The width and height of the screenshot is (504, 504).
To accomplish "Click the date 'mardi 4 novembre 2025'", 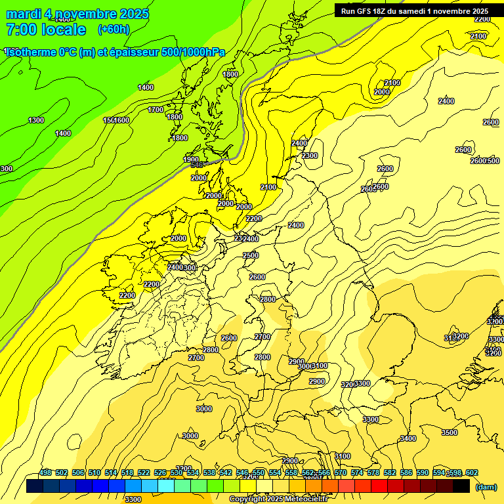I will pos(77,14).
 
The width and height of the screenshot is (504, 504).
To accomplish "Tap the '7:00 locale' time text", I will pos(46,30).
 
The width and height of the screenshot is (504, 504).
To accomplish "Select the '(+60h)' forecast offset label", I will pos(114,30).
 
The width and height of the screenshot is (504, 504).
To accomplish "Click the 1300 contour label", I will pos(36,120).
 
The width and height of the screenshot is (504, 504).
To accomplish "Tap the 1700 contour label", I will pos(156,110).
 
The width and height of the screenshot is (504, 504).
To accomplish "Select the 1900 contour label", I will pos(191,159).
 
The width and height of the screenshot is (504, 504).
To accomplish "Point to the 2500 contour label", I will pos(251,255).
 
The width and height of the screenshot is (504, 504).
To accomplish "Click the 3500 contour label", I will pos(450,432).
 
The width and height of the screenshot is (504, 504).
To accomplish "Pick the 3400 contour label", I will pos(408,438).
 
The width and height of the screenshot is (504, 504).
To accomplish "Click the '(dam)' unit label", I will pos(486,486).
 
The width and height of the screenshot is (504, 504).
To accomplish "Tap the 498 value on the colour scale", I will pos(45,472).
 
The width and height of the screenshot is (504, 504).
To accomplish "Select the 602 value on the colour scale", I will pos(472,472).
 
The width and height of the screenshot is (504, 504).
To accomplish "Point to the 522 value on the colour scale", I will pos(144,472).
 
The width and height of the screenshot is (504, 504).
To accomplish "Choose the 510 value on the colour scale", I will pos(94,472).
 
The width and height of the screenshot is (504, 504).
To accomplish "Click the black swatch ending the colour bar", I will pos(461,486).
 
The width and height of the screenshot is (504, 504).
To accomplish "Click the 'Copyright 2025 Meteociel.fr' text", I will pos(279,499).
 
